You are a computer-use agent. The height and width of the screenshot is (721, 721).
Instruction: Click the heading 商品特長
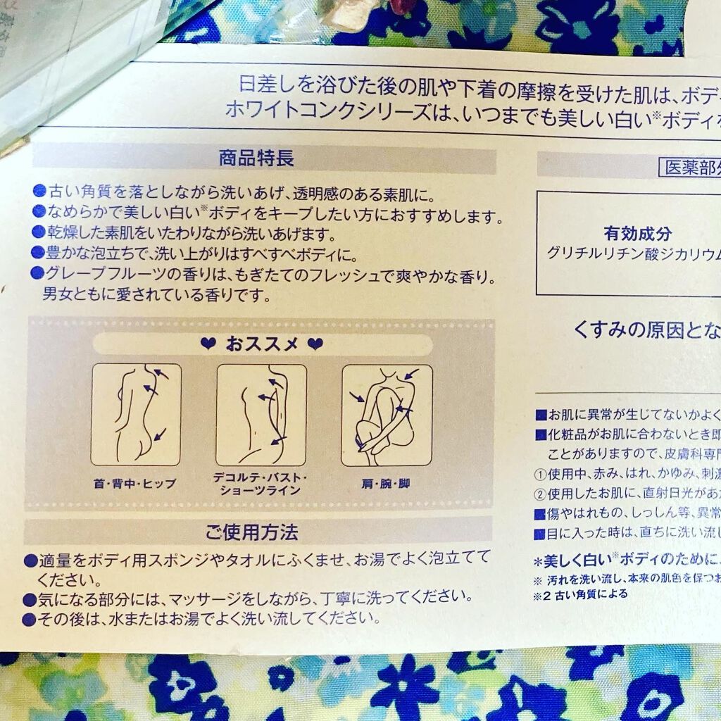pyautogui.click(x=256, y=158)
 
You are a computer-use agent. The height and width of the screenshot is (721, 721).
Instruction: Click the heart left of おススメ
pyautogui.click(x=208, y=345)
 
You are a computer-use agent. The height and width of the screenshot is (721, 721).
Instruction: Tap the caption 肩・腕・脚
pyautogui.click(x=387, y=484)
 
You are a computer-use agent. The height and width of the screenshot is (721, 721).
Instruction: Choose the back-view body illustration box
pyautogui.click(x=136, y=414)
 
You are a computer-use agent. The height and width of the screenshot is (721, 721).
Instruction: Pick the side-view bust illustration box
pyautogui.click(x=261, y=414)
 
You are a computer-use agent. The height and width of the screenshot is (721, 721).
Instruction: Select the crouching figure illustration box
pyautogui.click(x=387, y=414)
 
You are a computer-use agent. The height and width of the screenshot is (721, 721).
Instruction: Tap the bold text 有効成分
pyautogui.click(x=637, y=234)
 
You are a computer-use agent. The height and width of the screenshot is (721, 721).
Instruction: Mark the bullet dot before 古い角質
pyautogui.click(x=39, y=190)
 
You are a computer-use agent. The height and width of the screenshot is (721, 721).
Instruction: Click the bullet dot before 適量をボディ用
pyautogui.click(x=30, y=561)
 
